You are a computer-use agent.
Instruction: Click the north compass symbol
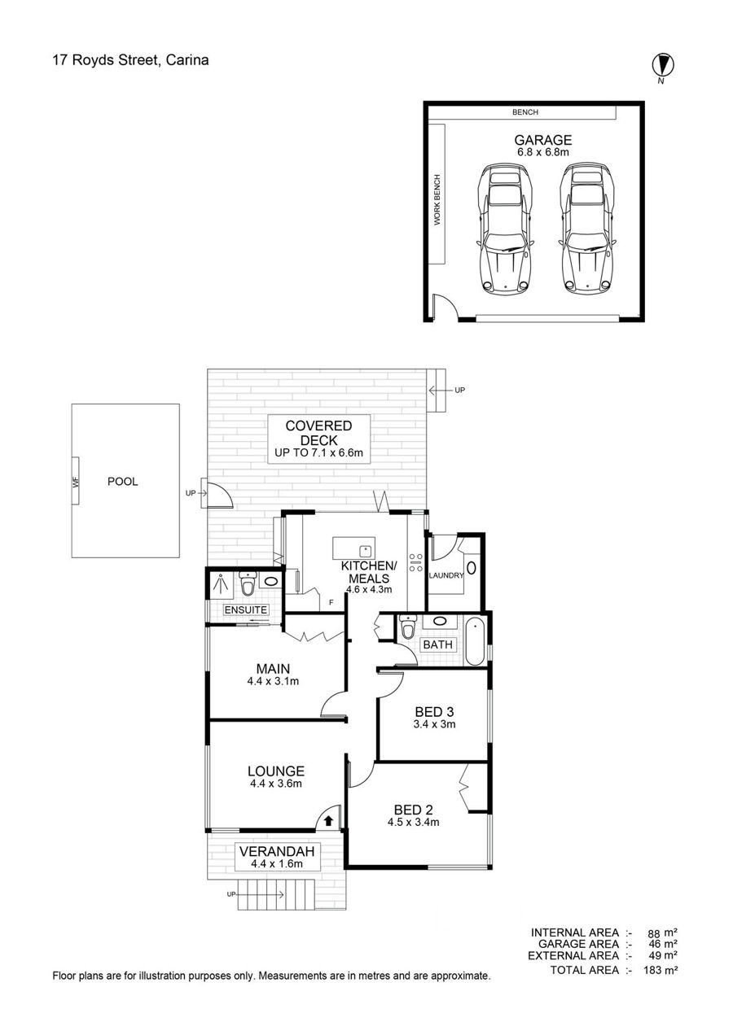click(662, 65)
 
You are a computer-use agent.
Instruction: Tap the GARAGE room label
click(543, 139)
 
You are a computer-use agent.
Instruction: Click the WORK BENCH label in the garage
click(437, 199)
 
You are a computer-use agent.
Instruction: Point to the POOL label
click(122, 482)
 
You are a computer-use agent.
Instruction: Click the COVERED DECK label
click(318, 433)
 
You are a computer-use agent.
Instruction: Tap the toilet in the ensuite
click(248, 584)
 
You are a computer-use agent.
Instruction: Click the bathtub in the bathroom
click(475, 641)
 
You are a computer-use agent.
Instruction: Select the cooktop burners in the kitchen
click(415, 562)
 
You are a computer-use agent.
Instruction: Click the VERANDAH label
click(277, 851)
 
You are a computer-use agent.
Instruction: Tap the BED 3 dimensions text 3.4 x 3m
click(434, 724)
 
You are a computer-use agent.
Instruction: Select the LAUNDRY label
click(446, 575)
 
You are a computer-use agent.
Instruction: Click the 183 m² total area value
click(661, 970)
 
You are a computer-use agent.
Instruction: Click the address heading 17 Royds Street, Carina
click(130, 60)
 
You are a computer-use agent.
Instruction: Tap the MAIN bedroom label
click(273, 669)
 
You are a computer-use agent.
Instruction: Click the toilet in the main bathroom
click(408, 628)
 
